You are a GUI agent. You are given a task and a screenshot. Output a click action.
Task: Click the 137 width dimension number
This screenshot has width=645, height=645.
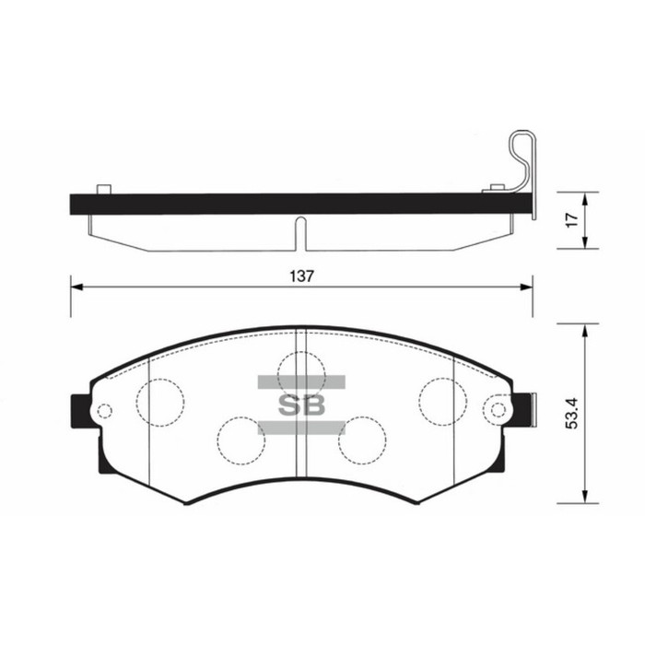pyautogui.click(x=301, y=276)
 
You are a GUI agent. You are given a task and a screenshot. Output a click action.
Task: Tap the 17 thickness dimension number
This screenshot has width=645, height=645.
pyautogui.click(x=570, y=220)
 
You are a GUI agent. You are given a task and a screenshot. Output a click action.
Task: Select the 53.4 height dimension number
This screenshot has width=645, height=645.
pyautogui.click(x=573, y=412)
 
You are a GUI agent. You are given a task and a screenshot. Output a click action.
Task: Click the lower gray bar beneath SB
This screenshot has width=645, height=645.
pyautogui.click(x=301, y=427)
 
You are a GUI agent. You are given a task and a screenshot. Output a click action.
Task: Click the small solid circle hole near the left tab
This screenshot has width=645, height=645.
pyautogui.click(x=104, y=411)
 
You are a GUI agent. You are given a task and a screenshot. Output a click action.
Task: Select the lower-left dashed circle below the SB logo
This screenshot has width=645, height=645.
pyautogui.click(x=240, y=439)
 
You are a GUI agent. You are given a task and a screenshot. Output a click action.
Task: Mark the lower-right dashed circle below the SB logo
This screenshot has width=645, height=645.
pyautogui.click(x=362, y=439)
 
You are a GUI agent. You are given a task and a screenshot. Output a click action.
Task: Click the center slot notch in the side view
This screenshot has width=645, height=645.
pyautogui.click(x=301, y=233)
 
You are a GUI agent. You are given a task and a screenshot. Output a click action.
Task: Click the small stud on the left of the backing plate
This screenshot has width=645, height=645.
pyautogui.click(x=104, y=190)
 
